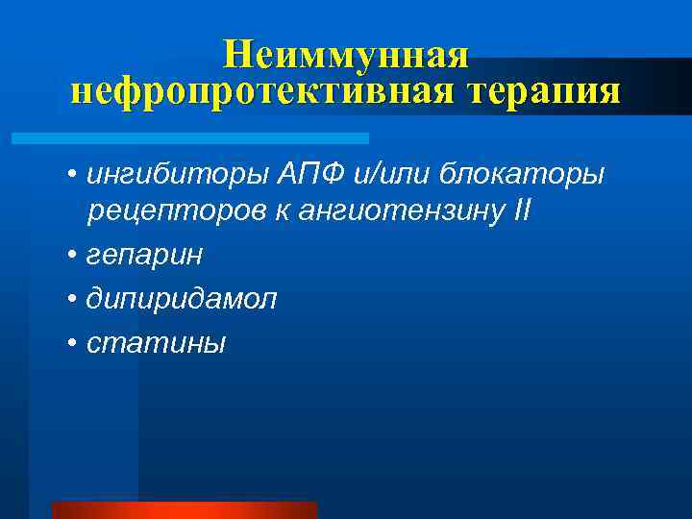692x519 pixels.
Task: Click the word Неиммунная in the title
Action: click(x=346, y=54)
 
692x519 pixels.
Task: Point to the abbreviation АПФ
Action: click(x=277, y=175)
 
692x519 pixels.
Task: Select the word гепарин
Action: click(x=144, y=256)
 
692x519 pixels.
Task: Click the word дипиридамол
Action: click(x=181, y=300)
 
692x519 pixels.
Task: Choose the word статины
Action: click(x=156, y=343)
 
